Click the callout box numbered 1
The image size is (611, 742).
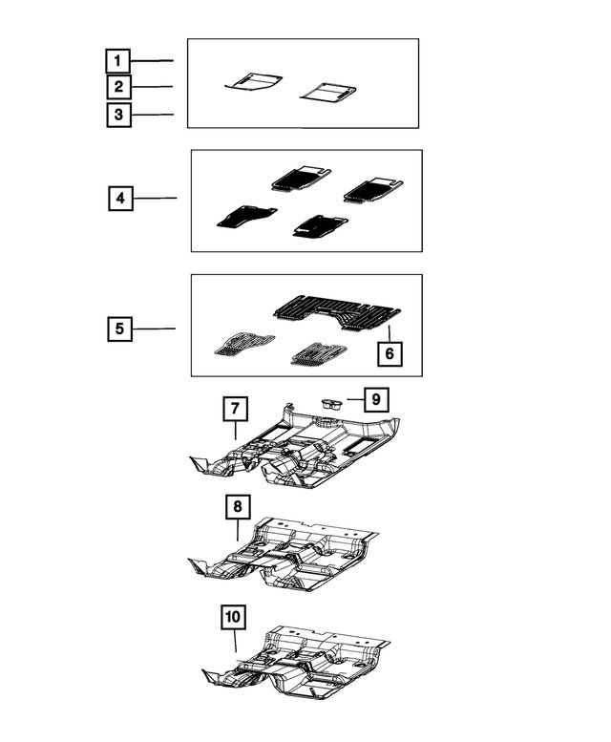point(117,61)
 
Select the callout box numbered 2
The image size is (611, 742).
point(118,87)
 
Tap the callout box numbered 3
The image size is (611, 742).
point(118,115)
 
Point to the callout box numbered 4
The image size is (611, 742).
point(120,199)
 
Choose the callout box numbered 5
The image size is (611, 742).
point(119,329)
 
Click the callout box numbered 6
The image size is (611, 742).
point(390,353)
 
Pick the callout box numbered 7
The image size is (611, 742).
point(236,409)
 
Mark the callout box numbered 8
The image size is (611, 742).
point(238,507)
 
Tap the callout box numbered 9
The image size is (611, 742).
point(376,399)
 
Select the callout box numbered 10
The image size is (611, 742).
point(233,617)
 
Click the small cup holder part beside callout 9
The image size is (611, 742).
point(332,404)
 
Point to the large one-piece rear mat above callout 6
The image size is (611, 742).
point(337,312)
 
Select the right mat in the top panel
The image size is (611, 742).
point(328,93)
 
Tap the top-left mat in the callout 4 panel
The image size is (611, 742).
point(302,179)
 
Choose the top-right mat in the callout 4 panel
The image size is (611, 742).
point(373,190)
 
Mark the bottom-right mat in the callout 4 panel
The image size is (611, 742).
point(320,226)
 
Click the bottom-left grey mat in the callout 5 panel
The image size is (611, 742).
point(244,344)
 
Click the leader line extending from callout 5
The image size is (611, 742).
point(154,329)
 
